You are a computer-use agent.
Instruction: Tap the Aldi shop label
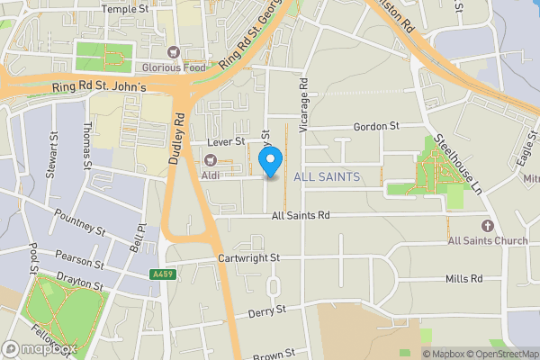click(x=211, y=173)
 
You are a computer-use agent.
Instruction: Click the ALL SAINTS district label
click(x=328, y=177)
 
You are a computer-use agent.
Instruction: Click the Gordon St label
click(x=376, y=127)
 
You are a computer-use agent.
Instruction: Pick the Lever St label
click(x=225, y=142)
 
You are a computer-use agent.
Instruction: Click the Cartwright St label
click(x=249, y=257)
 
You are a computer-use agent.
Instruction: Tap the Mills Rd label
click(x=463, y=279)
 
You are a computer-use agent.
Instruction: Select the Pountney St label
click(x=81, y=215)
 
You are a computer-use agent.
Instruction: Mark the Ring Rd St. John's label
click(x=99, y=86)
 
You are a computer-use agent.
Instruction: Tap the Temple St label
click(x=125, y=8)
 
